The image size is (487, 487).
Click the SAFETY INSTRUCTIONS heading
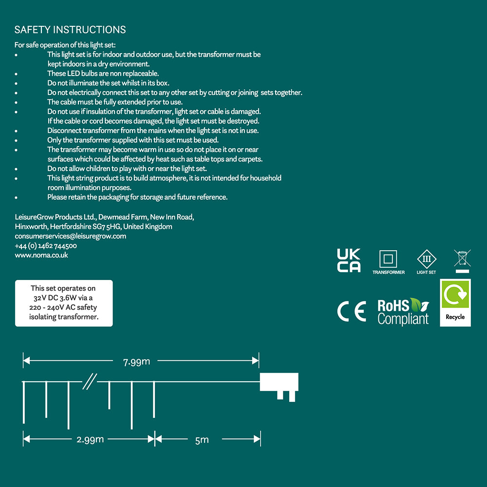point(70,30)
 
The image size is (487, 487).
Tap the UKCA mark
point(349,260)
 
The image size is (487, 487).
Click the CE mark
point(351,312)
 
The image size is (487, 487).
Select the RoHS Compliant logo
point(403,312)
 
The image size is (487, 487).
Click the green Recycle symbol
point(455,294)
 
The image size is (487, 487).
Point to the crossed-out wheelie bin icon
point(462,258)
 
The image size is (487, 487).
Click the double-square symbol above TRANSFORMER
point(388,259)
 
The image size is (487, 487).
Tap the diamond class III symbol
point(427,259)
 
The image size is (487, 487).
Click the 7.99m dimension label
point(136,361)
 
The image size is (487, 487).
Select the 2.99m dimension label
point(90,439)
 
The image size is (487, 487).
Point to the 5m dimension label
point(202,440)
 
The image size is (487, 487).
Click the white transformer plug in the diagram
point(280,383)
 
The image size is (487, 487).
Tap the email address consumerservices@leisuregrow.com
point(71,236)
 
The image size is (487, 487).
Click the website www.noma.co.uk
point(41,255)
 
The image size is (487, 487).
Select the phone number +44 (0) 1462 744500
point(46,246)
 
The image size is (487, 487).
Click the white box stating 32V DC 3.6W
point(64,302)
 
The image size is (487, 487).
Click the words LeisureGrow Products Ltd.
point(54,217)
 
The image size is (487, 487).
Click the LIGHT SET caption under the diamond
point(426,272)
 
